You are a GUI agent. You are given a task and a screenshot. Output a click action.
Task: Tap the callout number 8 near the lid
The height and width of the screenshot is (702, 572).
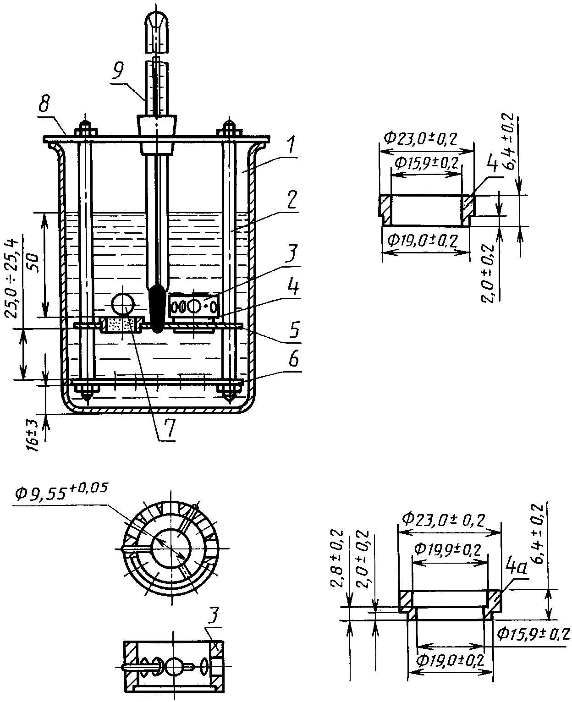[x=44, y=105]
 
